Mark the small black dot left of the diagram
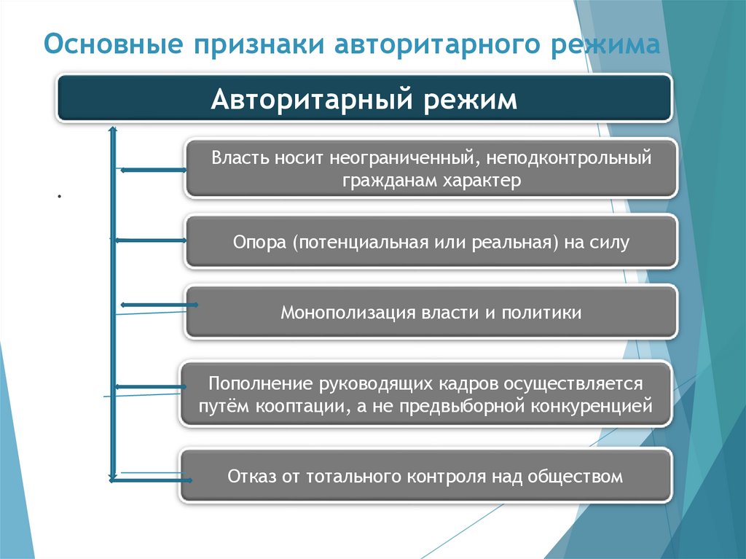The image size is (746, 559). (57, 196)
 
